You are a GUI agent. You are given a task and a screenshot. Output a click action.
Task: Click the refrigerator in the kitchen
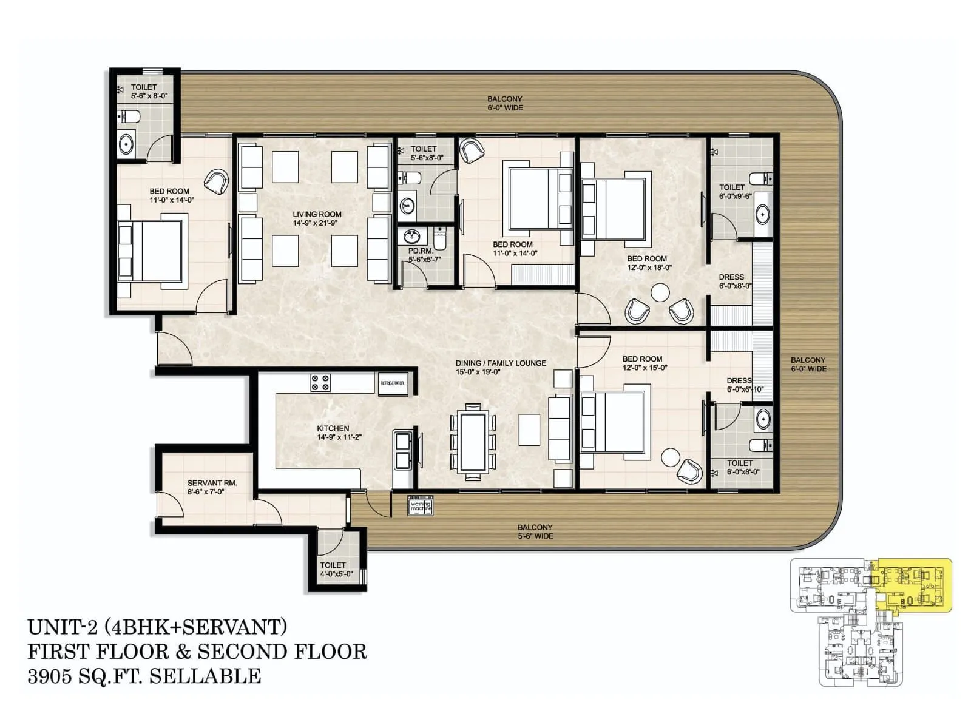pos(393,384)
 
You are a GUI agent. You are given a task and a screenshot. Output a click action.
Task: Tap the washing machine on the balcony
pos(420,506)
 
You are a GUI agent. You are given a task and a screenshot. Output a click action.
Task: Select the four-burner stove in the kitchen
pos(320,383)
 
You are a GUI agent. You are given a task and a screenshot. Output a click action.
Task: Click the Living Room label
pos(317,218)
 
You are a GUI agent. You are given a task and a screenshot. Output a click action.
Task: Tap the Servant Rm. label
pos(212,487)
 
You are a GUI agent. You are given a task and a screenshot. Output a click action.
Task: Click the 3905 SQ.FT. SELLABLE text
pos(144,676)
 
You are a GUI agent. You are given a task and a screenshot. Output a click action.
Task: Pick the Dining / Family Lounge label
pos(501,367)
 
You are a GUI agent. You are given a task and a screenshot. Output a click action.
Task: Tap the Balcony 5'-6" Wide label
pos(535,531)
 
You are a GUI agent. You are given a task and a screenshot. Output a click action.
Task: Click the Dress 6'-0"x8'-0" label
pos(734,281)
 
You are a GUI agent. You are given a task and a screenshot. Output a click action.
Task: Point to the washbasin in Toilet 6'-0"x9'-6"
pos(763,215)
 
